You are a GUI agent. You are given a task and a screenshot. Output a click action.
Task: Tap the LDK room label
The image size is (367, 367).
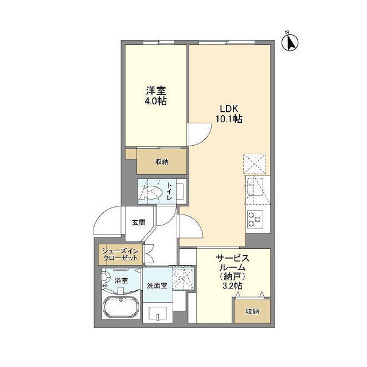click(x=229, y=108)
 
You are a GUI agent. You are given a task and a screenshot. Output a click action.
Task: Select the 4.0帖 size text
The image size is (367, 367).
click(x=156, y=101)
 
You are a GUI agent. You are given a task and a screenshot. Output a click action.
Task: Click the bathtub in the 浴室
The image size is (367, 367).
click(x=121, y=306)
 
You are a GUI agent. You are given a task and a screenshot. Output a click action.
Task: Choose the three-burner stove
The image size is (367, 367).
click(x=255, y=218)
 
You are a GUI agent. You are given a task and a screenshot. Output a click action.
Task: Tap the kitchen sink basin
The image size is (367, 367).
click(x=255, y=186)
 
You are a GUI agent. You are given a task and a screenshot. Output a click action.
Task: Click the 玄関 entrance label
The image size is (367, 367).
click(x=139, y=222)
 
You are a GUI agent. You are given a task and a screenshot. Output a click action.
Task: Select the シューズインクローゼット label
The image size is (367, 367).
click(x=120, y=255)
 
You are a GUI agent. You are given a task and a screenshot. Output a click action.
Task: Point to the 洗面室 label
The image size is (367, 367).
click(x=157, y=286)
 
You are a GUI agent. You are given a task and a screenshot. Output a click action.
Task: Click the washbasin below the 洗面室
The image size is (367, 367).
click(x=158, y=313)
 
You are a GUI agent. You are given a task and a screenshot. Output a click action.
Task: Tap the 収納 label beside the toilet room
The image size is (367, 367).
click(x=162, y=162)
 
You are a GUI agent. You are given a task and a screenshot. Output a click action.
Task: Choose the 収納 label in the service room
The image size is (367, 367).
click(x=252, y=311)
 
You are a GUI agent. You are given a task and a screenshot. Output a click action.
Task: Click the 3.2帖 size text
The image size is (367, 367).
click(x=232, y=286)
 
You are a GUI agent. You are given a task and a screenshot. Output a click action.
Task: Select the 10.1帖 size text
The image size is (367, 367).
click(x=229, y=119)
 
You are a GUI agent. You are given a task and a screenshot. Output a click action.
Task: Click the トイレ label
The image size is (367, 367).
click(x=169, y=192)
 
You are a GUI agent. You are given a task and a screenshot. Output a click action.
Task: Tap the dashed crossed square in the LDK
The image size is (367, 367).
click(x=255, y=164)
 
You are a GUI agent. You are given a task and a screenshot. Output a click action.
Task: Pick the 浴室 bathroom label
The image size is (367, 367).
click(x=121, y=280)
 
